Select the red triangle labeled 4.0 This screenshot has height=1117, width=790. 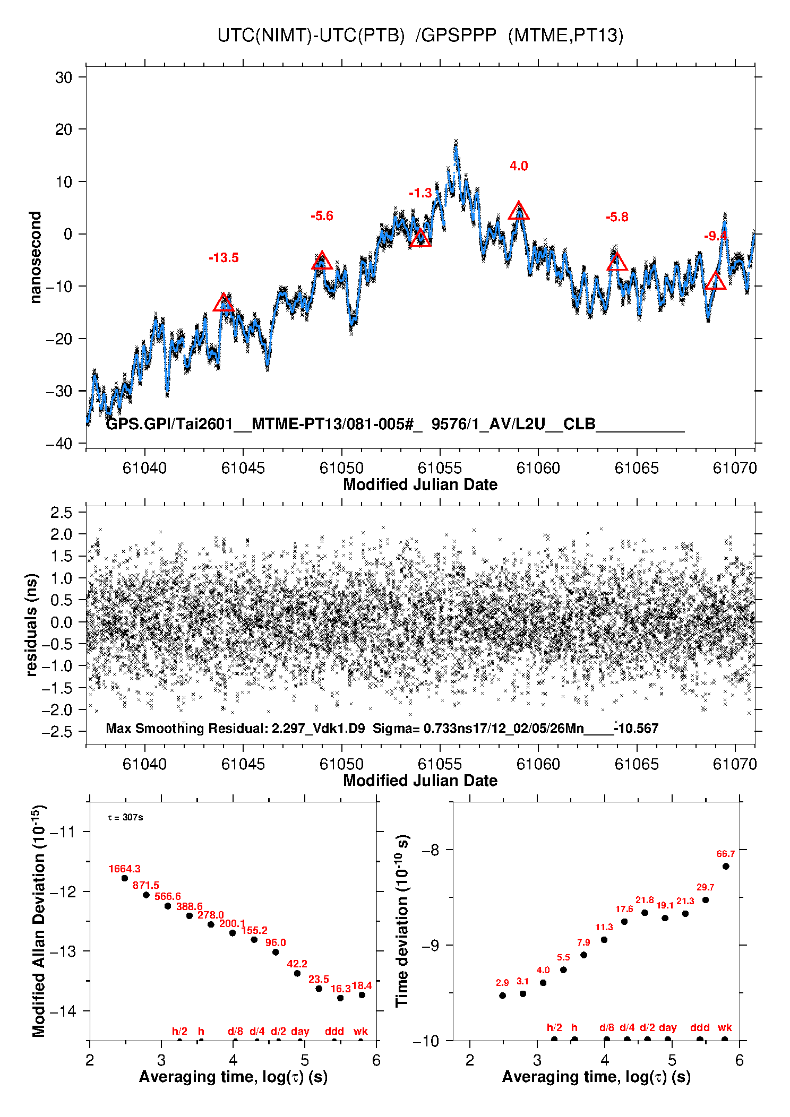point(519,211)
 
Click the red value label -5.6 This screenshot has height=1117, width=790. point(322,216)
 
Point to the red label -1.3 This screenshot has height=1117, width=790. point(420,193)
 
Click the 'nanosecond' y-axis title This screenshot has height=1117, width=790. point(35,257)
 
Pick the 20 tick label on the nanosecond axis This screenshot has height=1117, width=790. point(63,129)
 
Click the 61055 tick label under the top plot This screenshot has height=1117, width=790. point(440,468)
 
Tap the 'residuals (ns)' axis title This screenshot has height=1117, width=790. point(32,625)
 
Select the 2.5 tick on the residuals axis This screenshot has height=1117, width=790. point(61,513)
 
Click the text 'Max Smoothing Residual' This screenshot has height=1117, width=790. point(185,729)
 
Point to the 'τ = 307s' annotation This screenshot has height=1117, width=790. point(125,818)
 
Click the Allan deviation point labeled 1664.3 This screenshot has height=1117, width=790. point(125,878)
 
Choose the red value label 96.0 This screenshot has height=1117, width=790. point(276,942)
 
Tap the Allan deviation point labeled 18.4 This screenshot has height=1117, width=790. point(362,995)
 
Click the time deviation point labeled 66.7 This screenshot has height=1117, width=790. point(726,867)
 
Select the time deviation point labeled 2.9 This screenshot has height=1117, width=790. point(502,996)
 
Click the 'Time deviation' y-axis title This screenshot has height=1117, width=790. point(402,921)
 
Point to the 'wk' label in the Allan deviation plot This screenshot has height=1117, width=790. point(360,1031)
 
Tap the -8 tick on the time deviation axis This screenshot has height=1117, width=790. point(432,850)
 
